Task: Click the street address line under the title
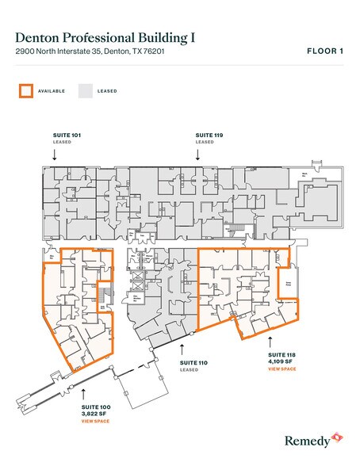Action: pos(83,52)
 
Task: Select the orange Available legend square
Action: pos(26,90)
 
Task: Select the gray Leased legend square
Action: pos(84,90)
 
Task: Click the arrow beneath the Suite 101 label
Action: pos(54,156)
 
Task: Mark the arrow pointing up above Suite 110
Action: pos(183,347)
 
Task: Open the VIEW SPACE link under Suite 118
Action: pos(281,369)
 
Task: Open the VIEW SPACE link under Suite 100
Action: pos(95,421)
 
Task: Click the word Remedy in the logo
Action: pos(305,438)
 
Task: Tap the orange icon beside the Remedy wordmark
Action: pos(336,437)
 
